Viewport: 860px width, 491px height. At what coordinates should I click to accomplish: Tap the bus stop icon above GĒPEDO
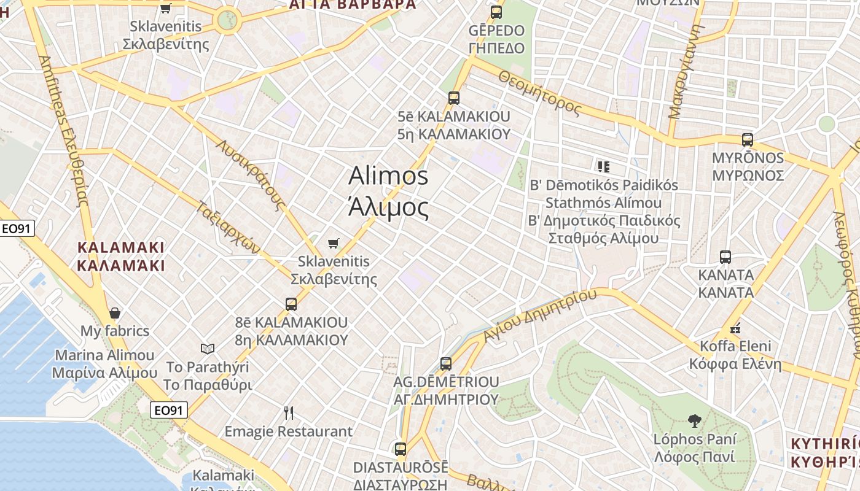pos(496,12)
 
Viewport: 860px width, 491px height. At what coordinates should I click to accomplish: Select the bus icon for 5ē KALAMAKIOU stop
pos(454,98)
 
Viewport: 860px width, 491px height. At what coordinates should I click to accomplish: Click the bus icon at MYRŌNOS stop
pos(747,140)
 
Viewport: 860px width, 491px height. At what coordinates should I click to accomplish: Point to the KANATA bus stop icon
pos(725,257)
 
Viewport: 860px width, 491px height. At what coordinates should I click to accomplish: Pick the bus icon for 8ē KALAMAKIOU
pos(291,304)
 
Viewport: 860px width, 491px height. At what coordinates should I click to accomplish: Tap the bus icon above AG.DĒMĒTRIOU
pos(446,364)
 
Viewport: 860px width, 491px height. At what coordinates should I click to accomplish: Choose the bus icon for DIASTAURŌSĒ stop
pos(401,449)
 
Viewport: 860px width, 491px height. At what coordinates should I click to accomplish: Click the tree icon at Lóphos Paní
pos(695,421)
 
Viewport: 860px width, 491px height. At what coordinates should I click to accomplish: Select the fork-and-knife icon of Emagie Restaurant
pos(289,413)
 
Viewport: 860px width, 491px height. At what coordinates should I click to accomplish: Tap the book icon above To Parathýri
pos(208,349)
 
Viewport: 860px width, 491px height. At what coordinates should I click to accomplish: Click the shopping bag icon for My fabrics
pos(114,313)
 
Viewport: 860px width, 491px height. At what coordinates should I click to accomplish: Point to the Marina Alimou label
pos(105,364)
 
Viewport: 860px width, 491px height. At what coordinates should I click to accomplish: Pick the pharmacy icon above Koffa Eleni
pos(735,328)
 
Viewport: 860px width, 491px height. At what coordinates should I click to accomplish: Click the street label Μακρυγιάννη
pos(684,74)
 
